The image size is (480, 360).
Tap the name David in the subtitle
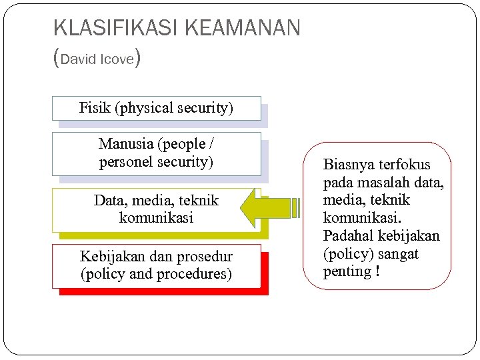[x=79, y=59]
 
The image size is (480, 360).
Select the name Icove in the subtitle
[x=117, y=59]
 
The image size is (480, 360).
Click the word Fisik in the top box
[x=95, y=107]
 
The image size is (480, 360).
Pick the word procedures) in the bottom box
[x=193, y=274]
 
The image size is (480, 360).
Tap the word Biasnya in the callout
[x=348, y=165]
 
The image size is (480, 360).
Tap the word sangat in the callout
[x=399, y=254]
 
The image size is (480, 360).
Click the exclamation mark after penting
[x=377, y=271]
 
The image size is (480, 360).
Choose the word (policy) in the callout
[x=349, y=254]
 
